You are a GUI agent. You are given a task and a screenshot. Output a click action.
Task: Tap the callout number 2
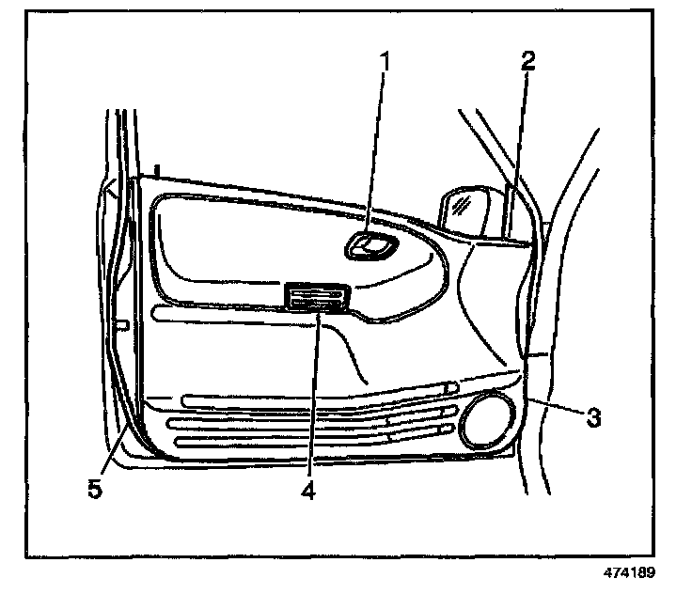pyautogui.click(x=527, y=62)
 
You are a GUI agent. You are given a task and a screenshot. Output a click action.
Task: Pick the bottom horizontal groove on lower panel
pyautogui.click(x=282, y=442)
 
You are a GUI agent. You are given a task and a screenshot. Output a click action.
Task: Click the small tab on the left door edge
pyautogui.click(x=121, y=325)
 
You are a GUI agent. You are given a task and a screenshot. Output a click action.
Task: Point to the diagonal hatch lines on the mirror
pyautogui.click(x=462, y=204)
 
